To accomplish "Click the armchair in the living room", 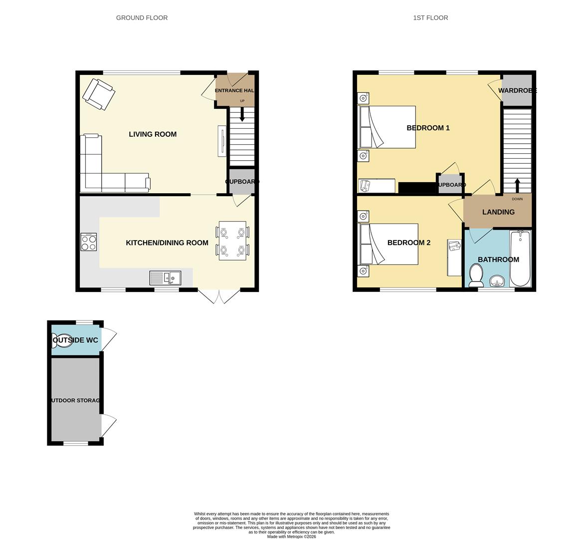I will (x=99, y=93).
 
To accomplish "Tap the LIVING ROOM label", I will (x=153, y=134).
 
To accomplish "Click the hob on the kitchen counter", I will (x=89, y=242).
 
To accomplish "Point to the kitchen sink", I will (x=165, y=278).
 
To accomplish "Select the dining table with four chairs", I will (x=232, y=241).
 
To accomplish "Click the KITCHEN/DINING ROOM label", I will (x=167, y=243).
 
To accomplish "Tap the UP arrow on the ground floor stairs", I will (x=242, y=115).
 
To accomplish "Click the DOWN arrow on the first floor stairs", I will (x=517, y=185).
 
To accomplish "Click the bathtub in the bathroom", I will (x=521, y=259).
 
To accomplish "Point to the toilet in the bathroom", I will (x=476, y=275).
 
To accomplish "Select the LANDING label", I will (x=498, y=212).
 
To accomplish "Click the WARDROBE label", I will (x=517, y=91).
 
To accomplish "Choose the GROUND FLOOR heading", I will (x=142, y=18).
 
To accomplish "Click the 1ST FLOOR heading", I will (x=430, y=18).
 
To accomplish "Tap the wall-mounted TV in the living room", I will (x=221, y=141).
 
